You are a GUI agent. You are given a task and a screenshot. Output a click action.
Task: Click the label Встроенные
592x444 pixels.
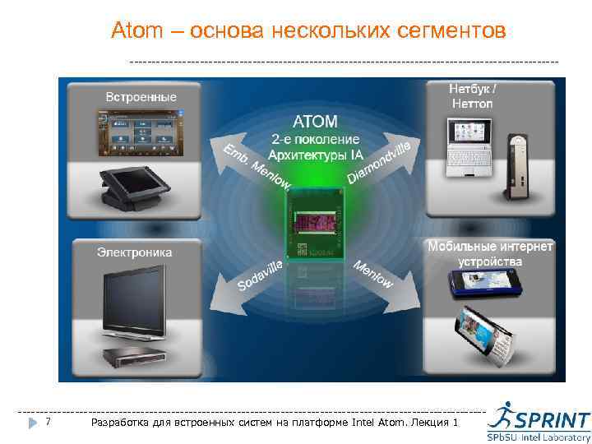pyautogui.click(x=141, y=97)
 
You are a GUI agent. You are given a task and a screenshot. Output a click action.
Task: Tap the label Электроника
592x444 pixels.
pyautogui.click(x=135, y=252)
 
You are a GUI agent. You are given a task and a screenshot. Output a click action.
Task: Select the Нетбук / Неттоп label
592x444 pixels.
pyautogui.click(x=473, y=95)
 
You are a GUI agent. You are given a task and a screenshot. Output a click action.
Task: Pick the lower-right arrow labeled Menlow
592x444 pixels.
pyautogui.click(x=374, y=274)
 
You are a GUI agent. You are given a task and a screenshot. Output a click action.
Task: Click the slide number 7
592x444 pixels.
pyautogui.click(x=49, y=422)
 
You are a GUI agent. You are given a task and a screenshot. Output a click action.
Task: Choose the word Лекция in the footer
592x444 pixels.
pyautogui.click(x=429, y=422)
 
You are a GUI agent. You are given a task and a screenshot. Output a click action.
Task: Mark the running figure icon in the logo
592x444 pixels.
pyautogui.click(x=500, y=417)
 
